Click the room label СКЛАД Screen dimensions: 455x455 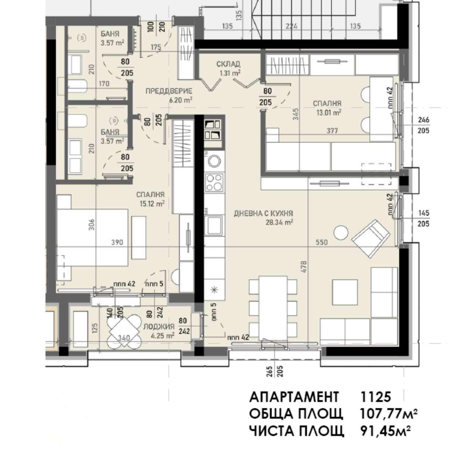pos(228,64)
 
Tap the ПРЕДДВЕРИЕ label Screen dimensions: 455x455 pos(169,91)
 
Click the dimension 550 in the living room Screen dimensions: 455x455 pos(322,242)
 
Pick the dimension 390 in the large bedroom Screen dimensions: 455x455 pos(117,242)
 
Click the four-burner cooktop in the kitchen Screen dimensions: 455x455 pos(214,182)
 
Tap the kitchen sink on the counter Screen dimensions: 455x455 pos(214,225)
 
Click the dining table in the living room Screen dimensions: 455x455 pos(273,308)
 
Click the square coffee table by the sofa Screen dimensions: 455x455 pos(345,292)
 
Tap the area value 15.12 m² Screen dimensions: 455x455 pos(152,204)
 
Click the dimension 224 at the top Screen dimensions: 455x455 pos(292,26)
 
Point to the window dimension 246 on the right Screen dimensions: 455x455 pos(423,120)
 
